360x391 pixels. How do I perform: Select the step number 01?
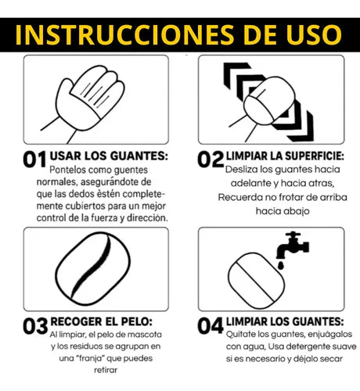(34, 160)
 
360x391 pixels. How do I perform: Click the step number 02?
(211, 160)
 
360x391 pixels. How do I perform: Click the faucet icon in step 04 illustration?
(296, 242)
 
